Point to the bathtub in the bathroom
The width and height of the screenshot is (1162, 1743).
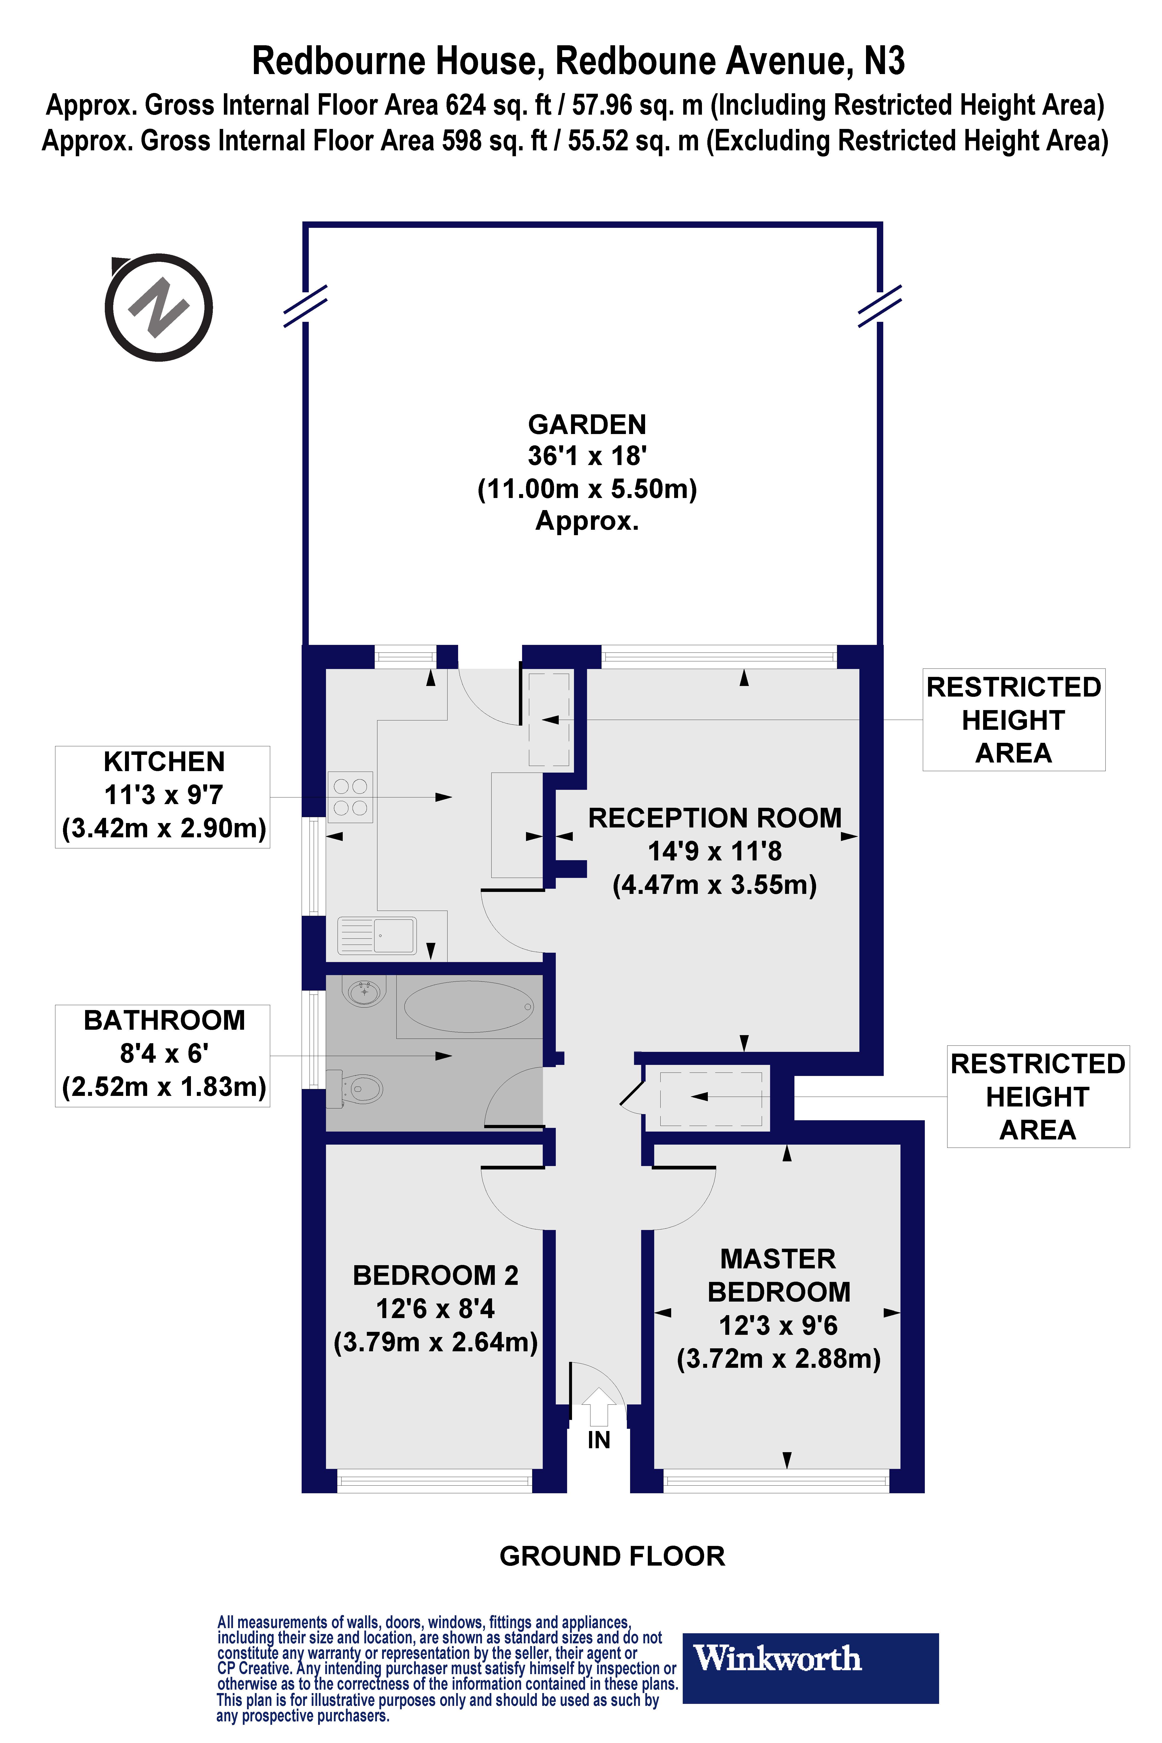click(x=468, y=1006)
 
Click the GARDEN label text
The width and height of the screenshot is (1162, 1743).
click(x=587, y=425)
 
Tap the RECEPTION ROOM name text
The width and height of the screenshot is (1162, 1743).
click(x=714, y=818)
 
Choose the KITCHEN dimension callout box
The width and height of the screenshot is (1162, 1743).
click(x=162, y=797)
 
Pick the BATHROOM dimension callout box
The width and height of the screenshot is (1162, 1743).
click(x=162, y=1055)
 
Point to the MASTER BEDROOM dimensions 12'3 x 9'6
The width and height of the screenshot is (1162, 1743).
click(x=778, y=1325)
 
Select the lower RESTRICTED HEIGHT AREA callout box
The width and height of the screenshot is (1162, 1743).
click(x=1038, y=1097)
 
